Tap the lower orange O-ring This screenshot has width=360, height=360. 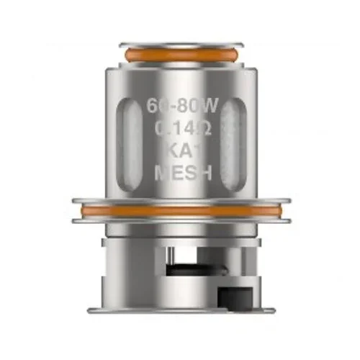180,210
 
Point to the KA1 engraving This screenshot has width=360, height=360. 180,152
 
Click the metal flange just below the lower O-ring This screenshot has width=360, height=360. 180,219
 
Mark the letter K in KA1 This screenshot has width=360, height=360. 166,152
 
